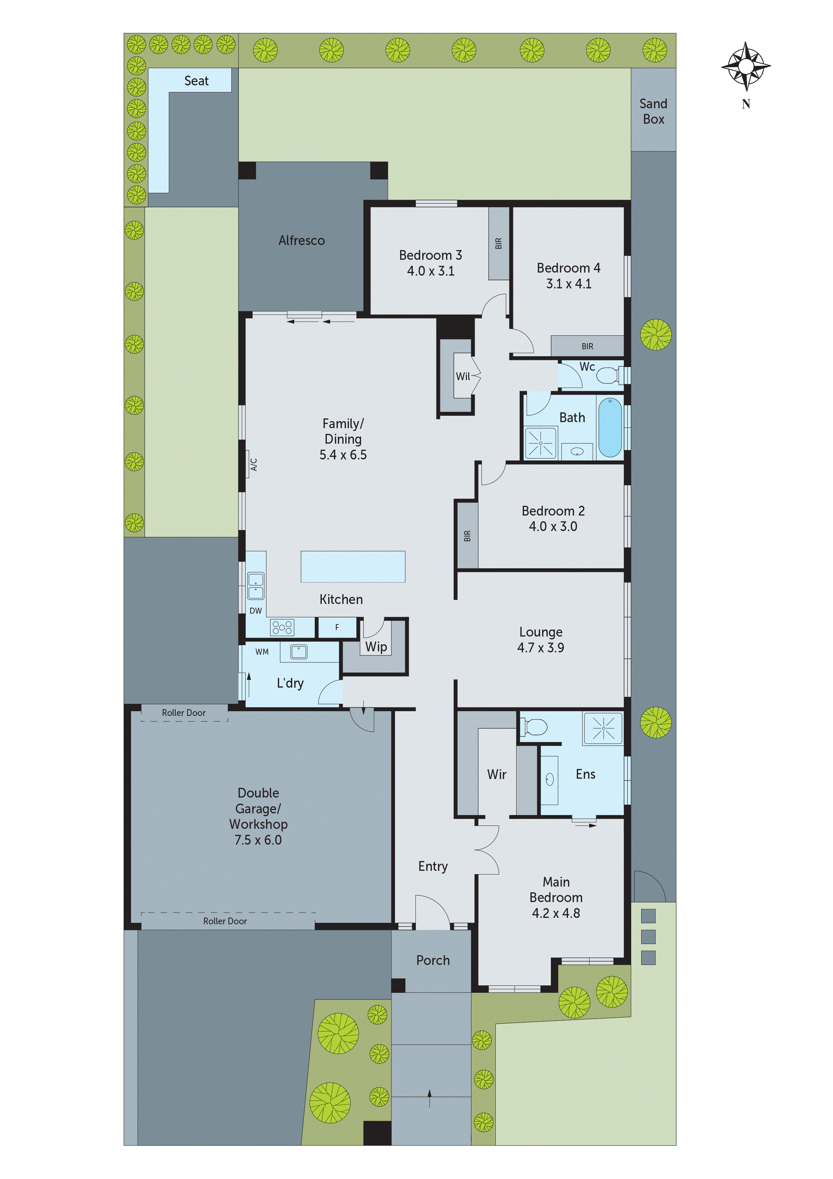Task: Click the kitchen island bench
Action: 353,566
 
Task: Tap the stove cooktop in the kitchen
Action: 282,627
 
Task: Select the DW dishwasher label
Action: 256,611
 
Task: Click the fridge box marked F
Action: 337,627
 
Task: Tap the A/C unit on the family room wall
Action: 253,464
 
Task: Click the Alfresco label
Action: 301,240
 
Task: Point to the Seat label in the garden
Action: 196,81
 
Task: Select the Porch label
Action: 433,960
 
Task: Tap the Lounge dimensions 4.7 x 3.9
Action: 540,648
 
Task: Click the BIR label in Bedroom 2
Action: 467,536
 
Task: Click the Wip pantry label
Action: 376,647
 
